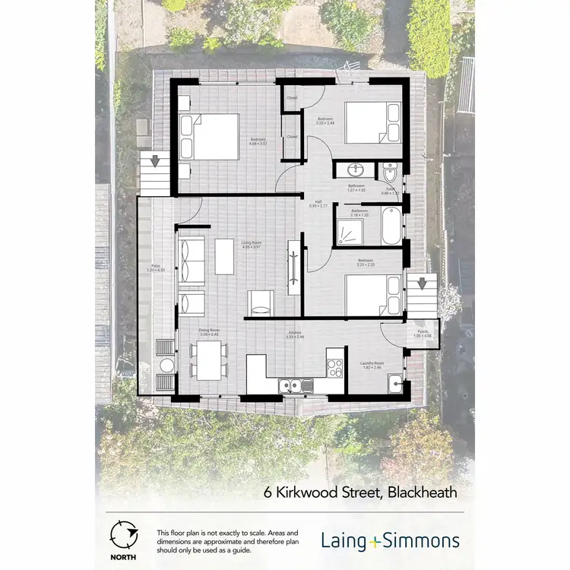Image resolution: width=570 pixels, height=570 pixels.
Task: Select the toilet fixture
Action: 389,169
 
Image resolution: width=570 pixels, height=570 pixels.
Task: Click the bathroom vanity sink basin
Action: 355,169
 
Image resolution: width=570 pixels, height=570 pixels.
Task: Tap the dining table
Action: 208,359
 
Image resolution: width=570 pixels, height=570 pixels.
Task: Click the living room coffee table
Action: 225,256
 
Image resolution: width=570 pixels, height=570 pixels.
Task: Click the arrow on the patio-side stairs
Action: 154,161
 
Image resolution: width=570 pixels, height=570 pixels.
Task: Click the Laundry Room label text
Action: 372,364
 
